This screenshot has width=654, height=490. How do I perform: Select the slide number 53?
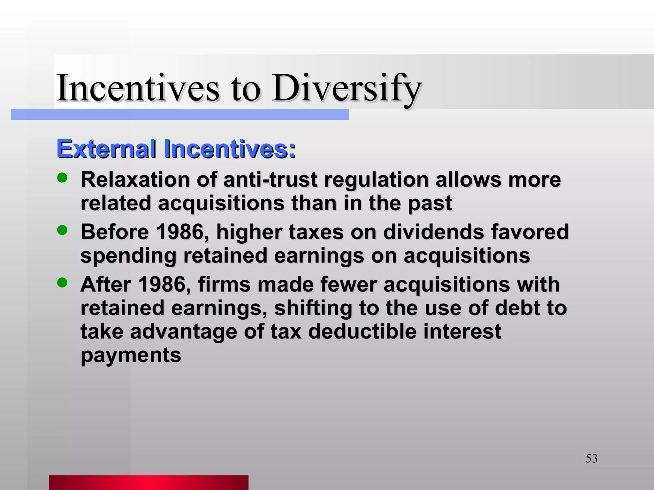click(x=591, y=458)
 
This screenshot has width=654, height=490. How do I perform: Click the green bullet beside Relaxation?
click(x=62, y=178)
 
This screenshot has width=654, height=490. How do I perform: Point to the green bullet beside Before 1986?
click(x=62, y=230)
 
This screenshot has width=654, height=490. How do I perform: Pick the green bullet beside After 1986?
click(x=62, y=282)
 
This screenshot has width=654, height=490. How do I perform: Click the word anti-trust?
click(x=270, y=179)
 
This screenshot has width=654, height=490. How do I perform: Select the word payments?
click(x=131, y=355)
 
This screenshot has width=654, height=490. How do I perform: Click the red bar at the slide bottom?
click(x=148, y=482)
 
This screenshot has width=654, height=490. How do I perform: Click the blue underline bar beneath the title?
click(x=179, y=115)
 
